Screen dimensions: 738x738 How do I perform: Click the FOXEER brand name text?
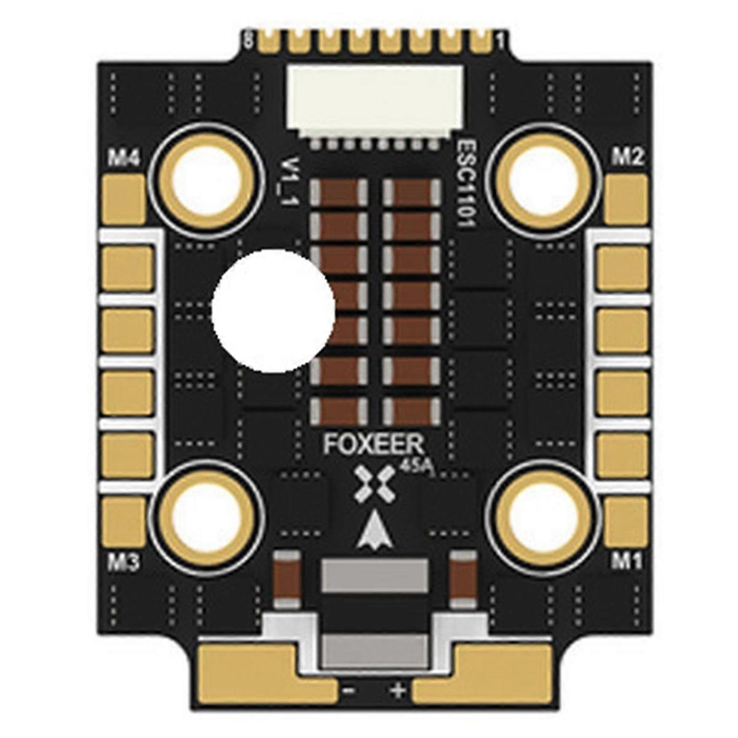[373, 444]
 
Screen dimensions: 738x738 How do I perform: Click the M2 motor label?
[627, 158]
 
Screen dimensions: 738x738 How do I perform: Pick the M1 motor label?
[627, 561]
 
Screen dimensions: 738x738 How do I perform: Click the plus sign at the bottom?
[398, 691]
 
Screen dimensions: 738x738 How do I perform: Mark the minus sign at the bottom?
[348, 691]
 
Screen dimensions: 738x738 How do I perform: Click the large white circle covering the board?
[273, 311]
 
